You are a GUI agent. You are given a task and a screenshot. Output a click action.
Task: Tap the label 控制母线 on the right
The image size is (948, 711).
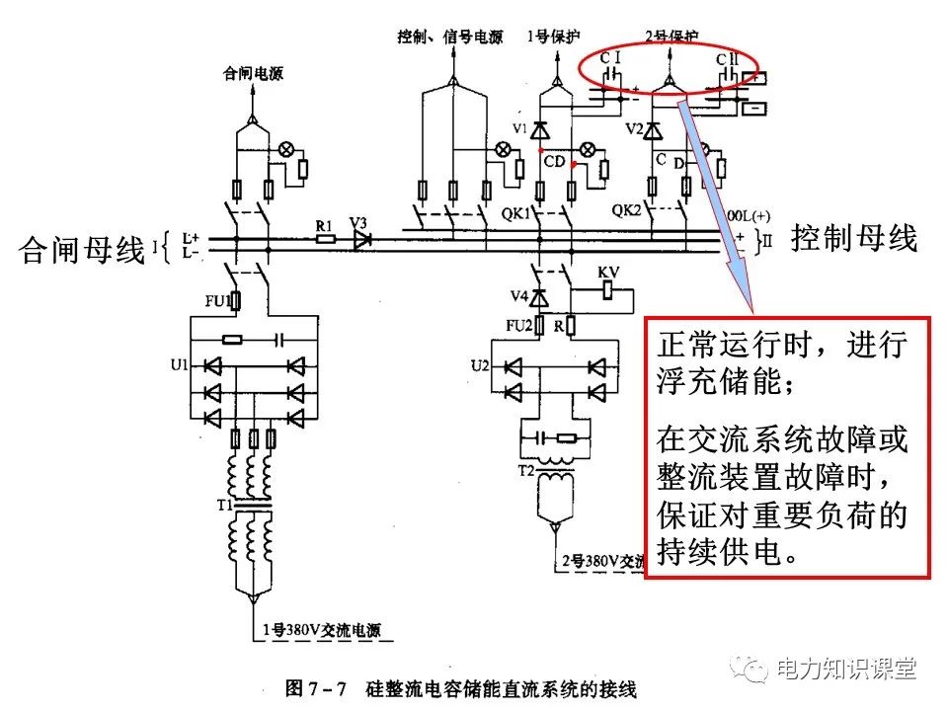(x=854, y=238)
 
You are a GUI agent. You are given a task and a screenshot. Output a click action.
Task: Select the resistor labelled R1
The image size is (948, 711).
(x=324, y=238)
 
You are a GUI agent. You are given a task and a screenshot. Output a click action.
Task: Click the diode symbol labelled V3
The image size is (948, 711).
(x=361, y=238)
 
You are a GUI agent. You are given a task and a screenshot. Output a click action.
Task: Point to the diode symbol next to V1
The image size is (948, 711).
(x=539, y=129)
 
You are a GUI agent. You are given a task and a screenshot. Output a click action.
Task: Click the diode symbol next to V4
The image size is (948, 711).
(x=539, y=296)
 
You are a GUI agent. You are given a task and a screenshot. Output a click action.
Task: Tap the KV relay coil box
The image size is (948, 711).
(x=608, y=289)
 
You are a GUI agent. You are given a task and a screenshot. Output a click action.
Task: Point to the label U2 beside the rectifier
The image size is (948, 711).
(x=479, y=365)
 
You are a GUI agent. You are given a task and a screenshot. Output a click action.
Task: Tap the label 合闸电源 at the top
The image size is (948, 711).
(x=253, y=73)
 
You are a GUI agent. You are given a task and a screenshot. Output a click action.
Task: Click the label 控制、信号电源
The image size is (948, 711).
(x=450, y=38)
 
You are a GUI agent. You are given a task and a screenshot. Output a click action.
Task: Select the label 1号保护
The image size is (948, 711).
(x=544, y=38)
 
